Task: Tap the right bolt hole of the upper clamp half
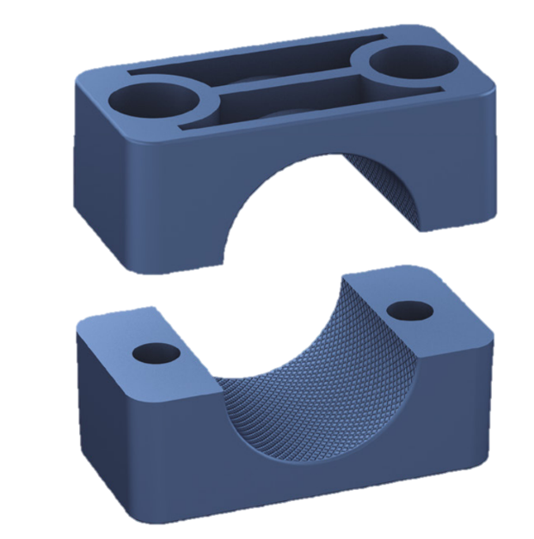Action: pyautogui.click(x=402, y=64)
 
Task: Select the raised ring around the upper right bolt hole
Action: pyautogui.click(x=430, y=73)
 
